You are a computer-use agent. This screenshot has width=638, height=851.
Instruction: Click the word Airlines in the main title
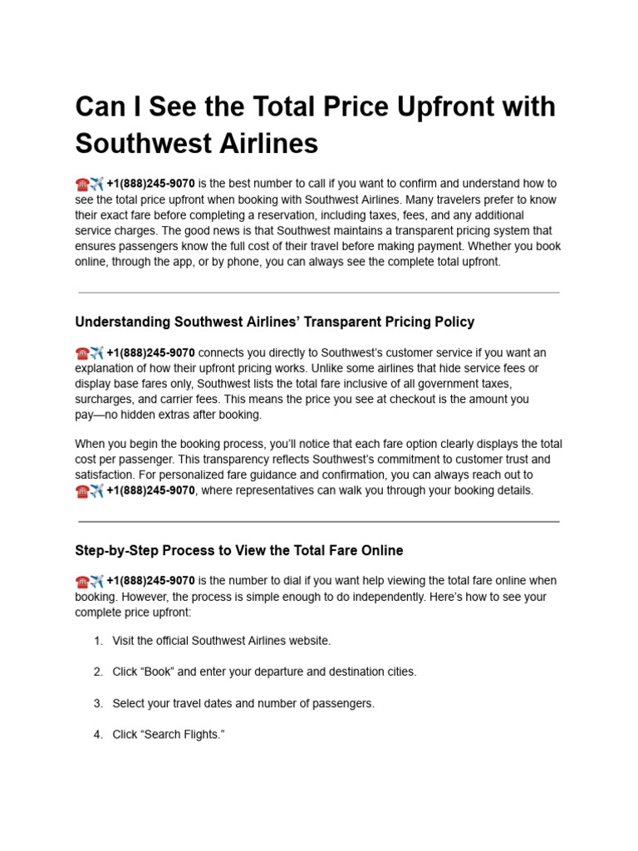[264, 144]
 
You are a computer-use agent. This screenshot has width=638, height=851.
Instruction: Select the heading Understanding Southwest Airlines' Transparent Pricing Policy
[274, 322]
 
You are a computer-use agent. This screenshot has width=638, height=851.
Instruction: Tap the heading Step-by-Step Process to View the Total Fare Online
[239, 550]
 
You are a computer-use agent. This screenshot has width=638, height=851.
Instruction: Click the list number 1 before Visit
[97, 641]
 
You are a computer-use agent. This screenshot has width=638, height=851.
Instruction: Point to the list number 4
[97, 735]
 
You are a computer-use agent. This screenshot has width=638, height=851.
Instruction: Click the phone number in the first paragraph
[150, 184]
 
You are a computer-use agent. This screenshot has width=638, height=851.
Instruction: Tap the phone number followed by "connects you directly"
[150, 353]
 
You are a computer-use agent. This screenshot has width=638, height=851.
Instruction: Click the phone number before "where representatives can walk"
[150, 490]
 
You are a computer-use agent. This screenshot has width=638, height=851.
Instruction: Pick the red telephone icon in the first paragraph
[81, 184]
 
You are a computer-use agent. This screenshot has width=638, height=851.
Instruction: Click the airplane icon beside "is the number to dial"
[96, 581]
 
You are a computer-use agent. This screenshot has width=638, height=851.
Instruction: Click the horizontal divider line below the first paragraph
[318, 293]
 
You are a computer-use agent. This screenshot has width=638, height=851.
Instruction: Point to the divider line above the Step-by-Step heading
[318, 522]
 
